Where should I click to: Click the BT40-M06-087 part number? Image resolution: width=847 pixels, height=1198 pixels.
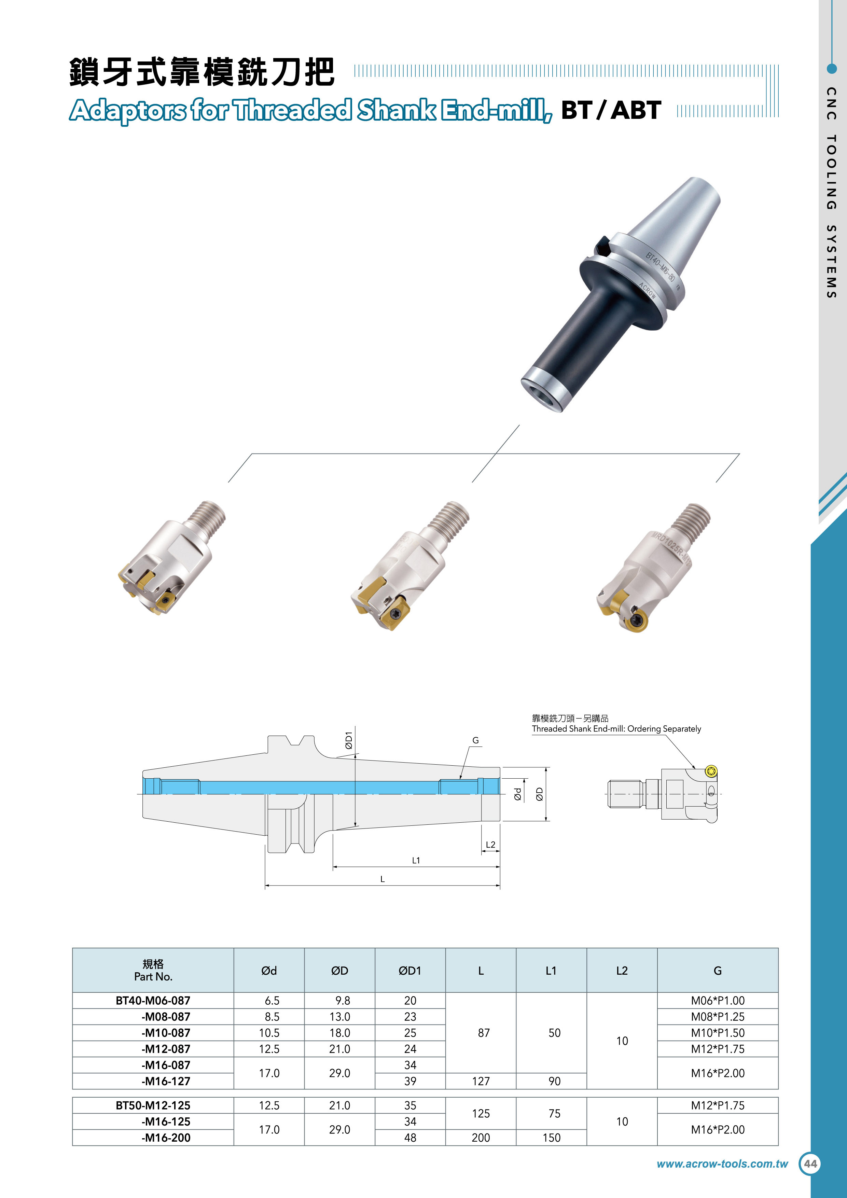tap(153, 1000)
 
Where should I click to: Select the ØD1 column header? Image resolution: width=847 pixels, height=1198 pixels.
tap(410, 971)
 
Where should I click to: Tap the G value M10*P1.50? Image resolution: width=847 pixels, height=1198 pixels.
tap(718, 1033)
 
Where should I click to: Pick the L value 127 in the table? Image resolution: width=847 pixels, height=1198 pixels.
tap(481, 1081)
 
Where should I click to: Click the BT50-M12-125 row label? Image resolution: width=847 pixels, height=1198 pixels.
tap(153, 1105)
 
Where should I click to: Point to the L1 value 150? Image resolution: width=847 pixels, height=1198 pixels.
tap(552, 1138)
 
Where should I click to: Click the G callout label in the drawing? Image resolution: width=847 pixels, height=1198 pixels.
tap(475, 740)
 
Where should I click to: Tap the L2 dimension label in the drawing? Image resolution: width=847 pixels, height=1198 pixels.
tap(490, 844)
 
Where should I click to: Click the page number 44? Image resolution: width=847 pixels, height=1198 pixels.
tap(810, 1164)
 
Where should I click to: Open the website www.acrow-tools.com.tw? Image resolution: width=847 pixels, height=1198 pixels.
tap(722, 1164)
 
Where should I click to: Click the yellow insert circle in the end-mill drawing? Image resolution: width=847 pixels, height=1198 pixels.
tap(711, 771)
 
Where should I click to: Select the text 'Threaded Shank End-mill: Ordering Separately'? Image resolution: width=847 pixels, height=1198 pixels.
tap(616, 729)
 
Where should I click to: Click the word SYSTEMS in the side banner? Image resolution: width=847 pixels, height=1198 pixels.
tap(831, 261)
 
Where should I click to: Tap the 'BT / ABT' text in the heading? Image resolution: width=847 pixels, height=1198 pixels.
tap(611, 110)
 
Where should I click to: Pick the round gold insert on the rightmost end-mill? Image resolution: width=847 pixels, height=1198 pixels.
tap(637, 621)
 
